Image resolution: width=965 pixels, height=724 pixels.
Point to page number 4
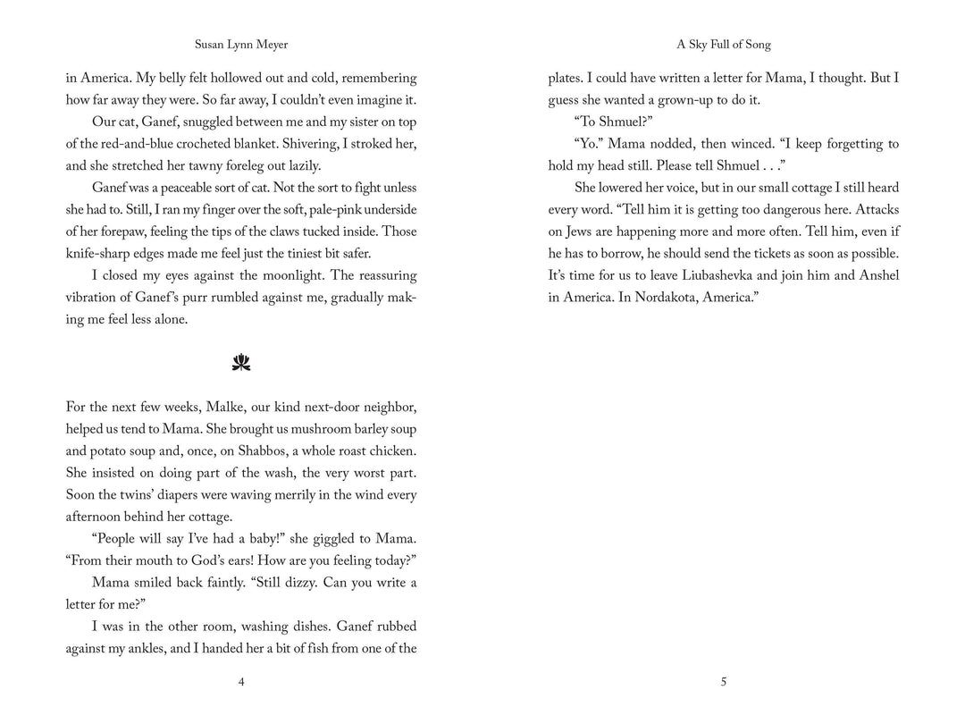[241, 682]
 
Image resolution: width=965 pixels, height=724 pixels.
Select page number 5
[723, 682]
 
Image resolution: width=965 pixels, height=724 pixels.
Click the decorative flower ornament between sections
[241, 363]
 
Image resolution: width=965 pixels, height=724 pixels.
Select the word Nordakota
[661, 298]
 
